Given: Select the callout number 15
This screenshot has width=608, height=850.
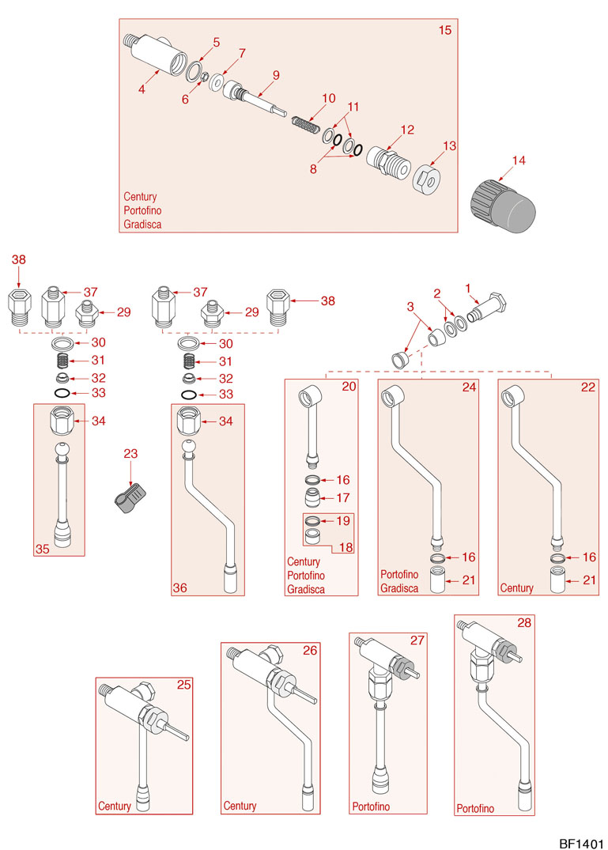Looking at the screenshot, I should [x=445, y=30].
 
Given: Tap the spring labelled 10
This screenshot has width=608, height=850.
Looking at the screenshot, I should [x=304, y=124].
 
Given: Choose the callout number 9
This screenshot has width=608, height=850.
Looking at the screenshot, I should [x=276, y=75].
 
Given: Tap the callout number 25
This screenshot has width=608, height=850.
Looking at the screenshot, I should [x=183, y=686].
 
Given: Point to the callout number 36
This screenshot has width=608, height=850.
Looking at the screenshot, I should [x=180, y=587].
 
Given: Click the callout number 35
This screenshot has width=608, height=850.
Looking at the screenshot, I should [x=42, y=547].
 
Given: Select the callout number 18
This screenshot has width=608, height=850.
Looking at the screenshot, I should [x=345, y=546].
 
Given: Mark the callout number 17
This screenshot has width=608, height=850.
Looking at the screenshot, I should [x=342, y=498].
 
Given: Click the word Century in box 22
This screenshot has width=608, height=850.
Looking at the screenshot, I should [x=516, y=588].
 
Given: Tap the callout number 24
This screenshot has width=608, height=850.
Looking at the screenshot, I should [x=470, y=387].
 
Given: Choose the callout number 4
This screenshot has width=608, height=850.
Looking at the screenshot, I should [x=142, y=90].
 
